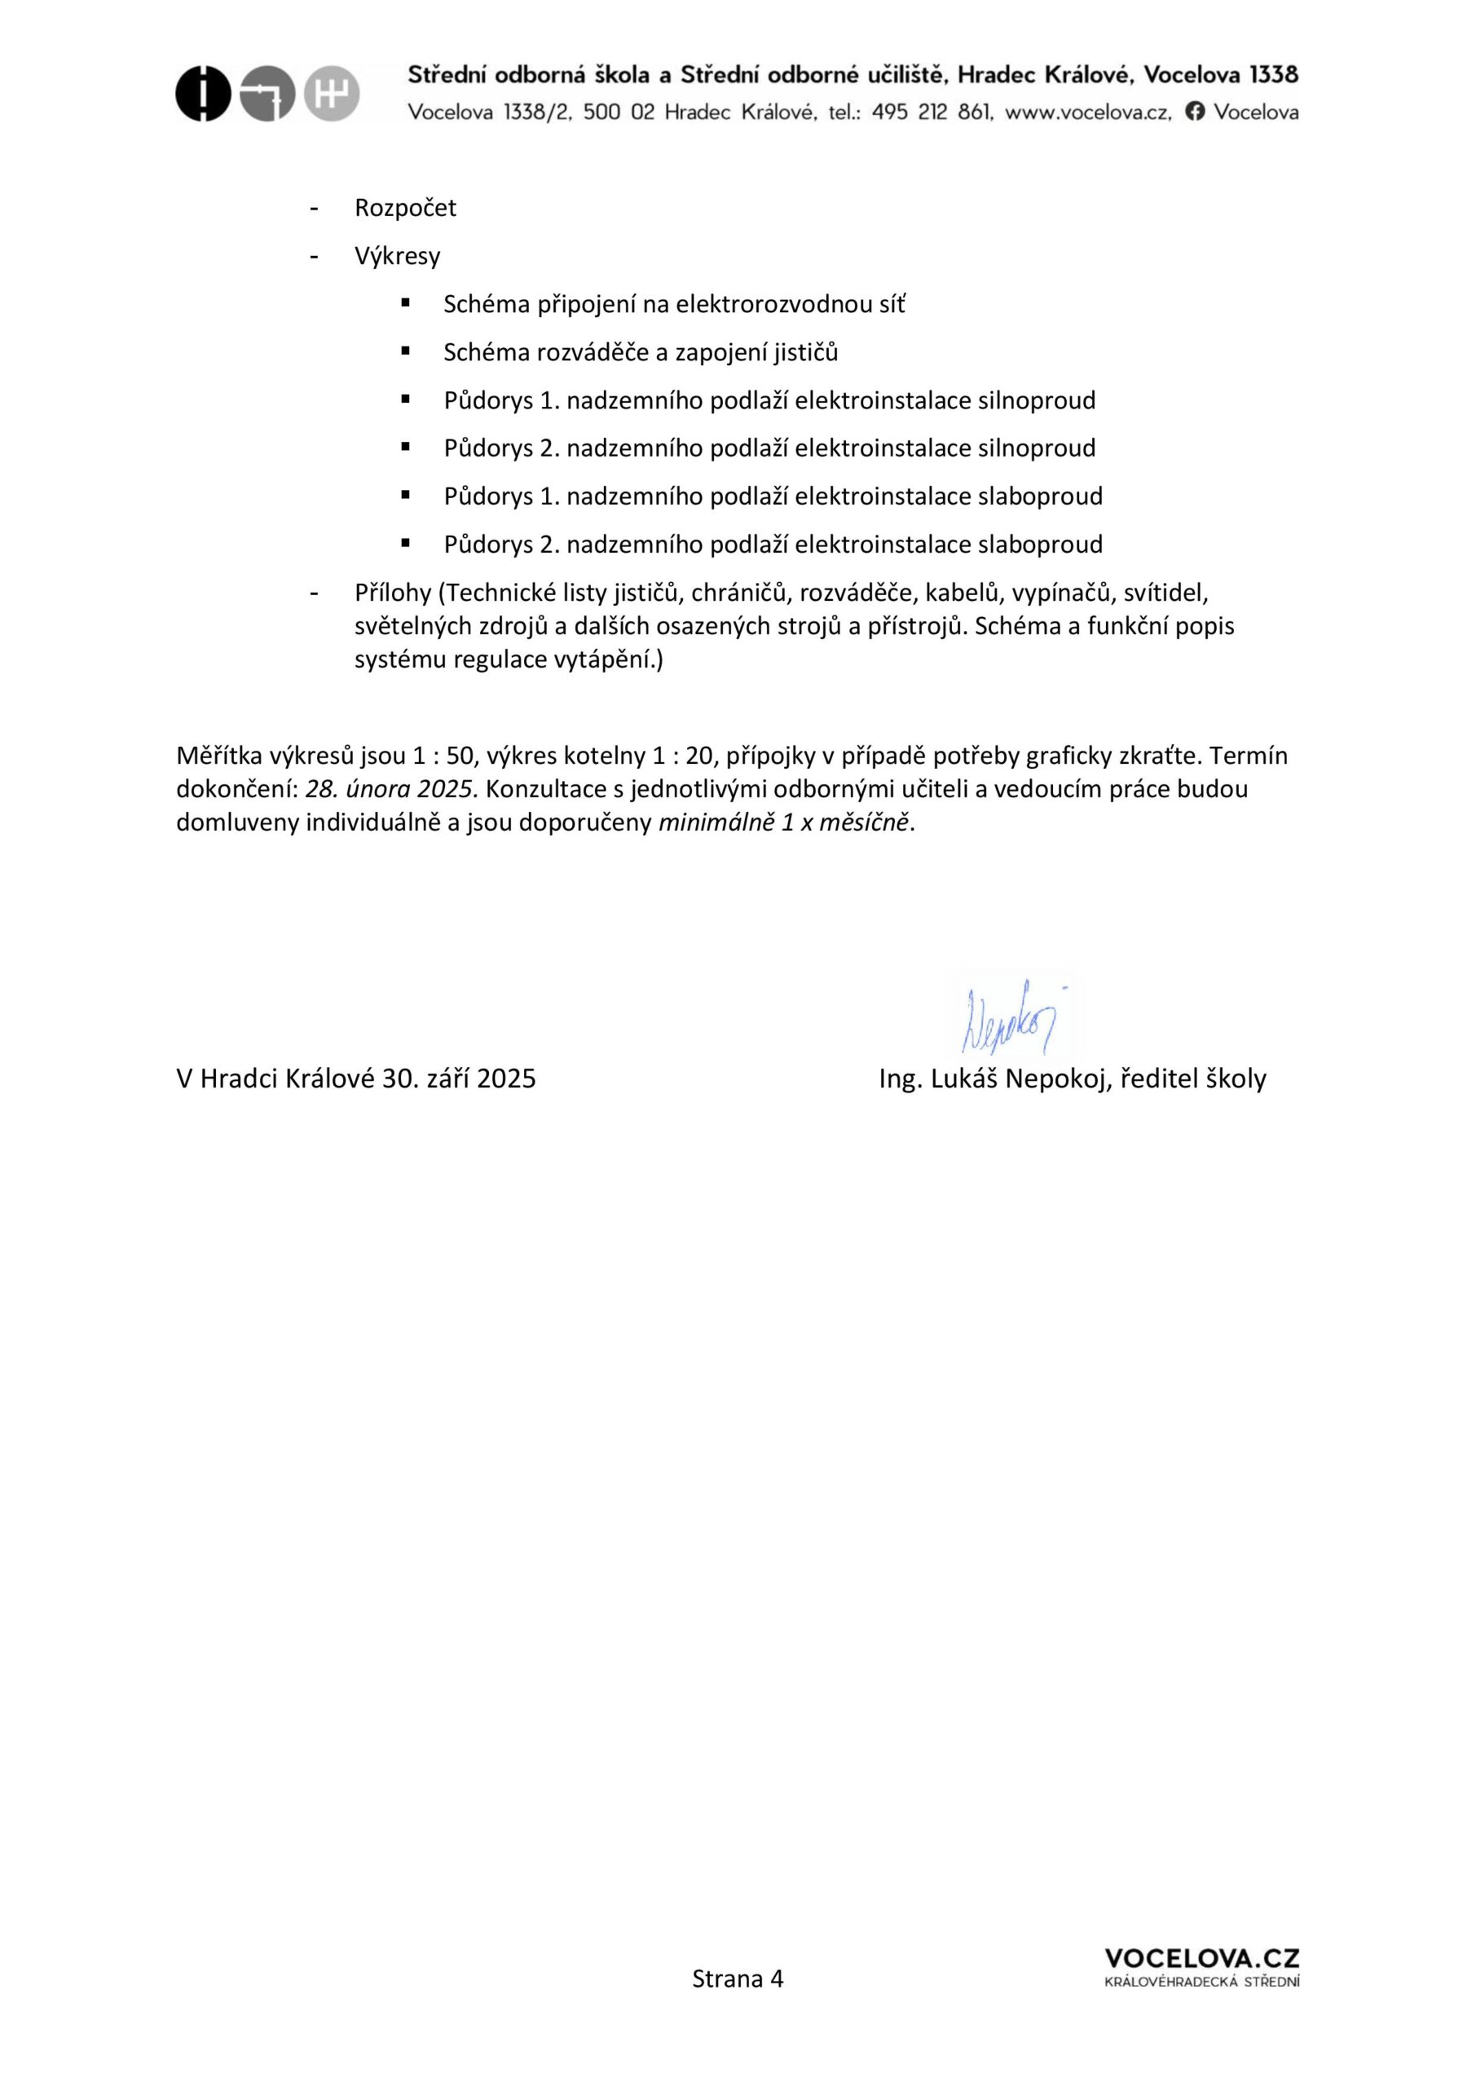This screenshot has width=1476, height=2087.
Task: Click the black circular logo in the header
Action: [x=203, y=94]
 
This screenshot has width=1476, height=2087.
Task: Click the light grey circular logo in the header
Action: [x=332, y=94]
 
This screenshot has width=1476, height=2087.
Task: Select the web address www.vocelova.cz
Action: [x=1088, y=112]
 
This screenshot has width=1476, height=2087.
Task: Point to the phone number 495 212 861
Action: [x=931, y=112]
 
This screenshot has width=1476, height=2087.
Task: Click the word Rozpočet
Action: [x=405, y=208]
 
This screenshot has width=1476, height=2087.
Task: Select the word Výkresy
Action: [x=397, y=256]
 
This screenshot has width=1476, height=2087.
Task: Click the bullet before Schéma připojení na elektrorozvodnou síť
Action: [x=405, y=302]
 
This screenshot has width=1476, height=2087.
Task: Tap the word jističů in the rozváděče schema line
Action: [x=805, y=353]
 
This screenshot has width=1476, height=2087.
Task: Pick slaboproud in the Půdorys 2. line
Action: [x=1040, y=545]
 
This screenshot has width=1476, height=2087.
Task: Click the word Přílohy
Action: [x=393, y=593]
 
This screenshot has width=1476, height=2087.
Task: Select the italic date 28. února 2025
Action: [x=391, y=789]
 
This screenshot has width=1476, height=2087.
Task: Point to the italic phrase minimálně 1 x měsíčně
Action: [x=782, y=823]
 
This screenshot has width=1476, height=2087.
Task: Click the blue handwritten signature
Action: [x=1011, y=1017]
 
